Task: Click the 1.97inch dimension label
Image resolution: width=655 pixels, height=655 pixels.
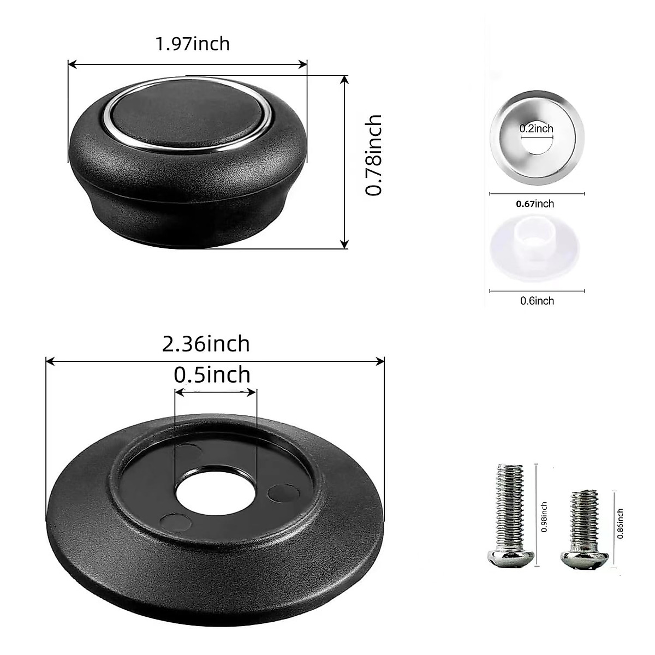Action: click(193, 44)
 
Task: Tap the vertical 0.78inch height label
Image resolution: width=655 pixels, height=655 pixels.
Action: click(374, 156)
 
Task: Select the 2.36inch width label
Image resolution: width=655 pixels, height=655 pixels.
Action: click(206, 344)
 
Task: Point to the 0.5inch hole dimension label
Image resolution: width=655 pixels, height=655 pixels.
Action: click(212, 375)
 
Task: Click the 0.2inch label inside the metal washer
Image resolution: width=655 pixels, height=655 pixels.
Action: click(536, 129)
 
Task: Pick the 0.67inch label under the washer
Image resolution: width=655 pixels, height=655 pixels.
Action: click(535, 204)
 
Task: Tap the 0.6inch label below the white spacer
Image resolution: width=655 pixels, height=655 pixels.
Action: click(537, 301)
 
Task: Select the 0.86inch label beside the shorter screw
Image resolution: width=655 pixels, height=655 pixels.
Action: click(620, 524)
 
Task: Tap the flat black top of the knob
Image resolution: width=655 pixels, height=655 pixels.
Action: click(188, 112)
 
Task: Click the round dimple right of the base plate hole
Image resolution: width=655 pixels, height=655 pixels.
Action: click(283, 492)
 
